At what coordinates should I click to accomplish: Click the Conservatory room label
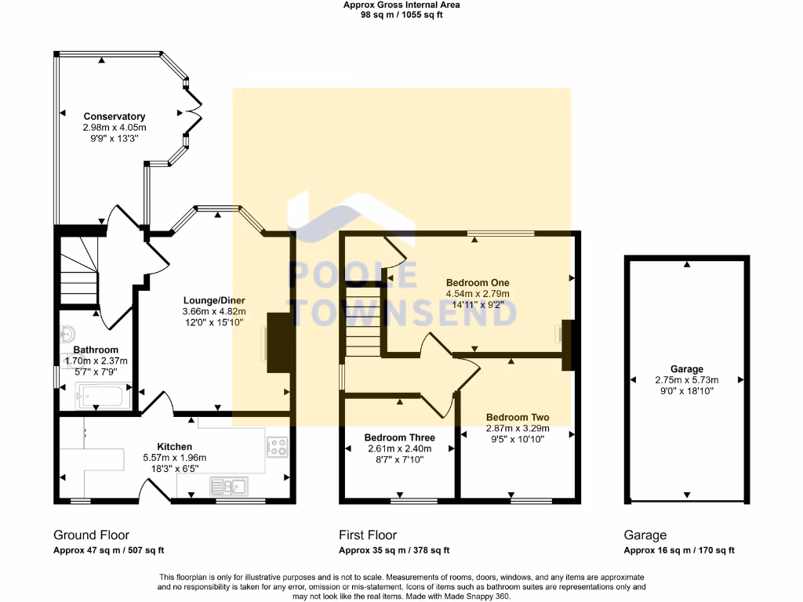[x=114, y=117]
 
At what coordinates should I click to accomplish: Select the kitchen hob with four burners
[x=278, y=447]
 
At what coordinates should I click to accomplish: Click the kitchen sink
[x=228, y=487]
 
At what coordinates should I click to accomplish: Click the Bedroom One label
[x=478, y=282]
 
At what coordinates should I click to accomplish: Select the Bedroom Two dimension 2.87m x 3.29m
[x=518, y=429]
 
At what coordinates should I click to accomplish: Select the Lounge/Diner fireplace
[x=278, y=343]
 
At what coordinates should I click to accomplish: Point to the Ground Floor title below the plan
[x=91, y=535]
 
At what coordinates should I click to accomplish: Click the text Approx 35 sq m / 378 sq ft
[x=394, y=550]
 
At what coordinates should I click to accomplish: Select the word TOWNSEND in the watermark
[x=404, y=313]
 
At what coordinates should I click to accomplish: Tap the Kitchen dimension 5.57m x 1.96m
[x=174, y=458]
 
